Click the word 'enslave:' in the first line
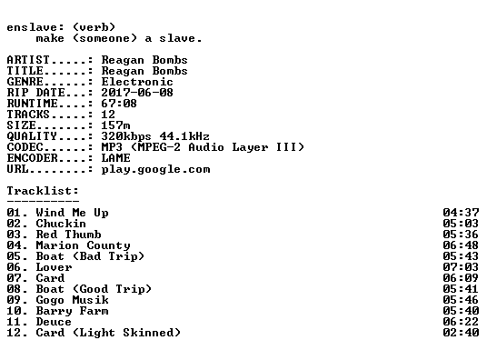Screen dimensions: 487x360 click(x=35, y=27)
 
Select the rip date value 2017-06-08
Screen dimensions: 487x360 click(x=137, y=93)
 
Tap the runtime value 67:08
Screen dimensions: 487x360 click(x=119, y=104)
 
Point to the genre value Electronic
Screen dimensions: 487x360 click(x=137, y=82)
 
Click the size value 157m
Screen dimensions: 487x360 click(x=115, y=125)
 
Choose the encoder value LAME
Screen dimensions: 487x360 click(x=115, y=158)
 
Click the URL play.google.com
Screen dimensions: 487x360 click(x=155, y=169)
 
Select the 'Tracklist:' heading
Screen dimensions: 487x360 click(x=43, y=191)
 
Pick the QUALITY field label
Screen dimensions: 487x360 click(x=32, y=136)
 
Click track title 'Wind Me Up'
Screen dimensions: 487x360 click(x=72, y=213)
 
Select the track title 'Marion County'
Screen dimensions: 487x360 click(x=83, y=245)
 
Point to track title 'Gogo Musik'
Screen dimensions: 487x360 click(x=72, y=300)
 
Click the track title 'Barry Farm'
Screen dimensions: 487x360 click(x=72, y=311)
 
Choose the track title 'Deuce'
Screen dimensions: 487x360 click(x=54, y=322)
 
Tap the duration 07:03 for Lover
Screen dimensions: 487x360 click(x=461, y=267)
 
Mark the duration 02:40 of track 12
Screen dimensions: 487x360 click(x=461, y=333)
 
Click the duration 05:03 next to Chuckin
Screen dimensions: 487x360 click(x=461, y=224)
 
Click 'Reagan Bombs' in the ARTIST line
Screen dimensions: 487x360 click(x=144, y=60)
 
